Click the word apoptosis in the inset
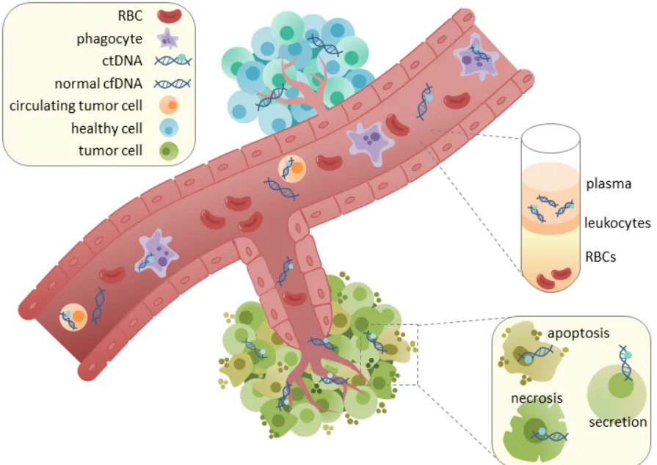click(x=579, y=333)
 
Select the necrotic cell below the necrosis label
click(x=537, y=433)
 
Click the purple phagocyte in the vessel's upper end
click(x=475, y=59)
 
